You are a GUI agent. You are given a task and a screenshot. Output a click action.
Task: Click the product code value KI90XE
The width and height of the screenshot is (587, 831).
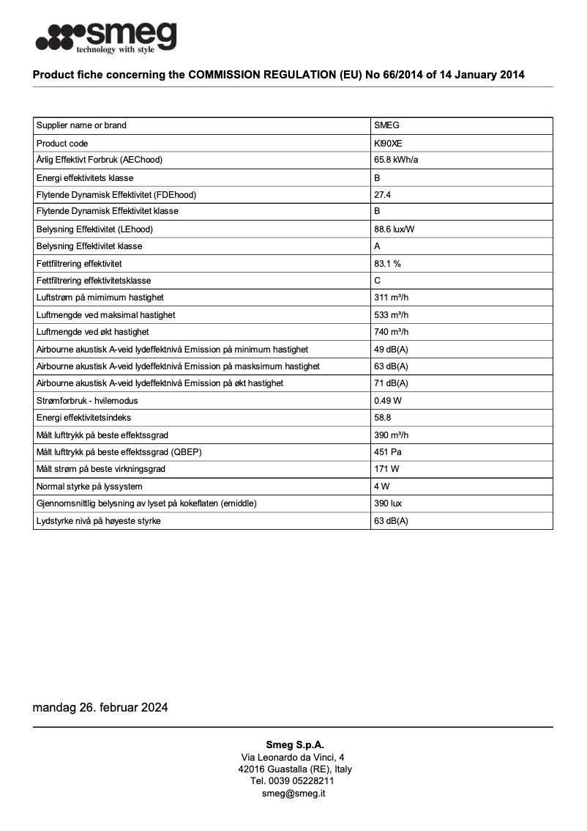(388, 144)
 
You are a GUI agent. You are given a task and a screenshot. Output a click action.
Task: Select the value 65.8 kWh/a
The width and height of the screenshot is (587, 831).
(396, 160)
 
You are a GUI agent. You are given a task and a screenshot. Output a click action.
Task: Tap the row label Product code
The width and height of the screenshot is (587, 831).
(62, 144)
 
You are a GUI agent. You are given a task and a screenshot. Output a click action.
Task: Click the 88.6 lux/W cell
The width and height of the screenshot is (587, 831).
(395, 229)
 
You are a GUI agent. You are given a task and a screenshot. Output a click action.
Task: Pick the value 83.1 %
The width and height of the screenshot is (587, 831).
(387, 263)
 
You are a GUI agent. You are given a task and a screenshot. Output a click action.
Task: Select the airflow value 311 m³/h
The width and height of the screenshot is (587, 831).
(391, 298)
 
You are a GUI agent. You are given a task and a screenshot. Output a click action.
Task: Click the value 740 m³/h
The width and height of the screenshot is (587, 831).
(391, 332)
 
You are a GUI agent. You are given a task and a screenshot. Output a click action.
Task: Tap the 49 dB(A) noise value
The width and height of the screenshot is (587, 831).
(391, 350)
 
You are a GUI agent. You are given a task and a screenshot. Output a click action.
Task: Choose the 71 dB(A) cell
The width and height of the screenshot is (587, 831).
(391, 383)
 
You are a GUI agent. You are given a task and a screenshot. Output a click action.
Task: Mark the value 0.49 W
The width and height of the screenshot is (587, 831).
(388, 401)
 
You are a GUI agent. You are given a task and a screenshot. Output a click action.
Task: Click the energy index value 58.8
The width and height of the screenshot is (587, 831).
(382, 418)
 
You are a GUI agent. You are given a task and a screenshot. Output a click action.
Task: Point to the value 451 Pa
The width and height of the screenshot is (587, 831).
(387, 452)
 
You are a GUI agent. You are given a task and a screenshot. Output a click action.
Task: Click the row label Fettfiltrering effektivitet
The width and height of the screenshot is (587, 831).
(79, 263)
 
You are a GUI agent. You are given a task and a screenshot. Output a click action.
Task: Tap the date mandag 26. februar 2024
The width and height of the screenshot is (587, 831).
(100, 707)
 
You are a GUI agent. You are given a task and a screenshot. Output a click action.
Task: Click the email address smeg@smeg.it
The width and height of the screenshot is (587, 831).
(293, 793)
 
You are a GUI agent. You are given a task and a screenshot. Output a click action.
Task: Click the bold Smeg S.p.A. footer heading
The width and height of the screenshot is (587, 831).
(294, 745)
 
